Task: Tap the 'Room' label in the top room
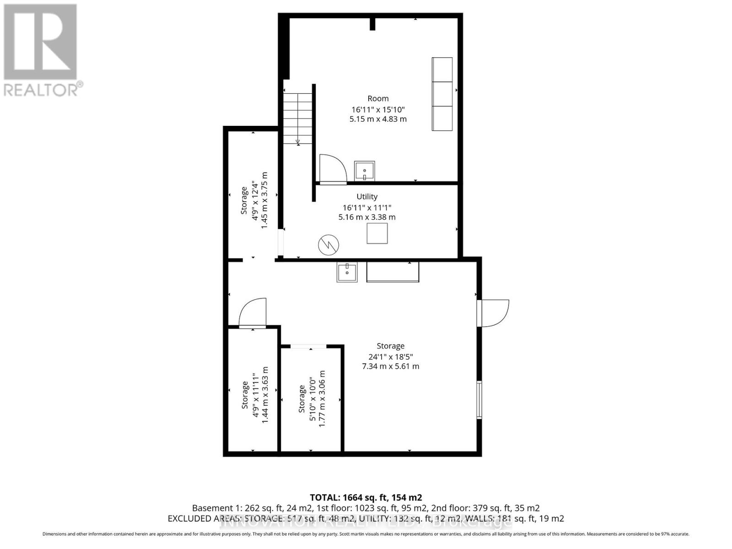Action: point(378,98)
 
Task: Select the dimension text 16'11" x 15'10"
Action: point(378,109)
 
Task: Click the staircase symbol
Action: point(298,118)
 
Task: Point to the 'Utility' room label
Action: point(367,197)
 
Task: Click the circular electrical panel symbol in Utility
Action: point(328,245)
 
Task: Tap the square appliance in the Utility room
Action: point(377,233)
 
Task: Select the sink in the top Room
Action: point(365,171)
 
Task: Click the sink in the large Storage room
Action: point(347,273)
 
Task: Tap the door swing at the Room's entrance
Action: point(333,168)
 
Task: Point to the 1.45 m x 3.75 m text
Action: point(264,200)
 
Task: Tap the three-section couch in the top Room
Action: point(442,94)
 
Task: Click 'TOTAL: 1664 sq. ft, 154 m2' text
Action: point(366,497)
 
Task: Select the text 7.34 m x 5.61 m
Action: point(390,366)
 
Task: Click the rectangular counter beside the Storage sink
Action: point(393,273)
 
